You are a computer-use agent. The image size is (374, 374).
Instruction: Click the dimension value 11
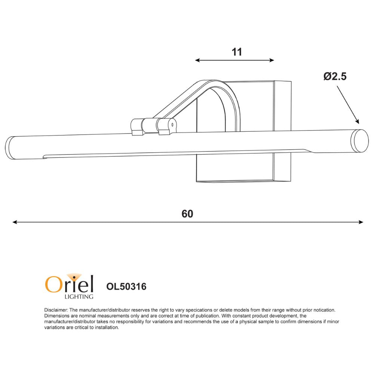(x=237, y=52)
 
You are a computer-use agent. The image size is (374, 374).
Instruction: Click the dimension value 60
(x=187, y=214)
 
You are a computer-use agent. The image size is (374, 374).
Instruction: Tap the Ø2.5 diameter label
(x=335, y=76)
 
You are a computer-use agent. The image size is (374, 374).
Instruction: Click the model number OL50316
(x=126, y=286)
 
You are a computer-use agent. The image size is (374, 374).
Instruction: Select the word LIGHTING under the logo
(x=79, y=297)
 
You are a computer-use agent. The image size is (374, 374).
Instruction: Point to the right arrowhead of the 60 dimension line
(x=361, y=222)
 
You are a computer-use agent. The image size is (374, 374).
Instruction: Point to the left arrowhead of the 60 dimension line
(x=15, y=222)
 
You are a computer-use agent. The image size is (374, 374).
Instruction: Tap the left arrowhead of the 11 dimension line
(x=197, y=60)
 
